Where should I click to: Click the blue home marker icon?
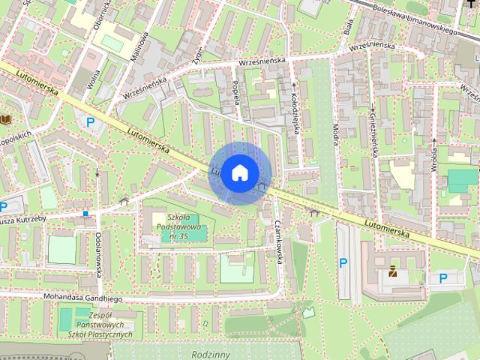239,173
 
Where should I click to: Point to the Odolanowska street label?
98,254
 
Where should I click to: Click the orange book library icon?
7,119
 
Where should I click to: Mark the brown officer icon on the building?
392,271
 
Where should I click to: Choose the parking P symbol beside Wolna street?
91,122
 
